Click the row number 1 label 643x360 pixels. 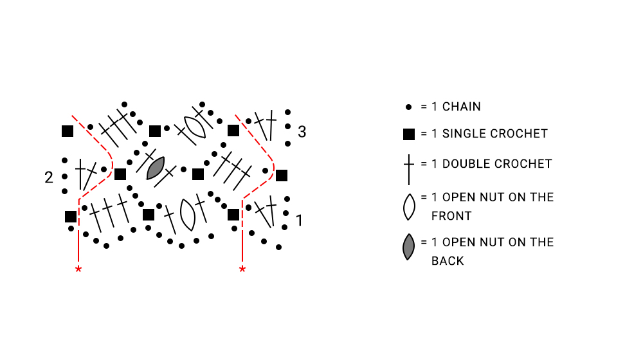tap(300, 221)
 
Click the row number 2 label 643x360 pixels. tap(49, 177)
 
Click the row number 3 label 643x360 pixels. tap(302, 132)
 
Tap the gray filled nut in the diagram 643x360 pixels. tap(156, 168)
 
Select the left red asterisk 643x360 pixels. tap(78, 269)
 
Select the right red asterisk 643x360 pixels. tap(242, 269)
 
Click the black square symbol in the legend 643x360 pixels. tap(409, 134)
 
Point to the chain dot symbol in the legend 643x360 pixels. tap(408, 107)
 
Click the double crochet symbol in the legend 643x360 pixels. tap(409, 169)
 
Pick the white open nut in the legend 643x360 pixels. tap(409, 207)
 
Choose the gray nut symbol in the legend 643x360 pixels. tap(408, 248)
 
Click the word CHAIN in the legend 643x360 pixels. tap(461, 107)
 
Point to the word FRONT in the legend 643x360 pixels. tap(451, 216)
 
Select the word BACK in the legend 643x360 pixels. tap(448, 261)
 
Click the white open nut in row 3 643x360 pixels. tap(195, 127)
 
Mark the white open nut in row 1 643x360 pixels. tap(188, 215)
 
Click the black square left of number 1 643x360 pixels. tap(233, 215)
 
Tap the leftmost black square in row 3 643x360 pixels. tap(68, 131)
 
